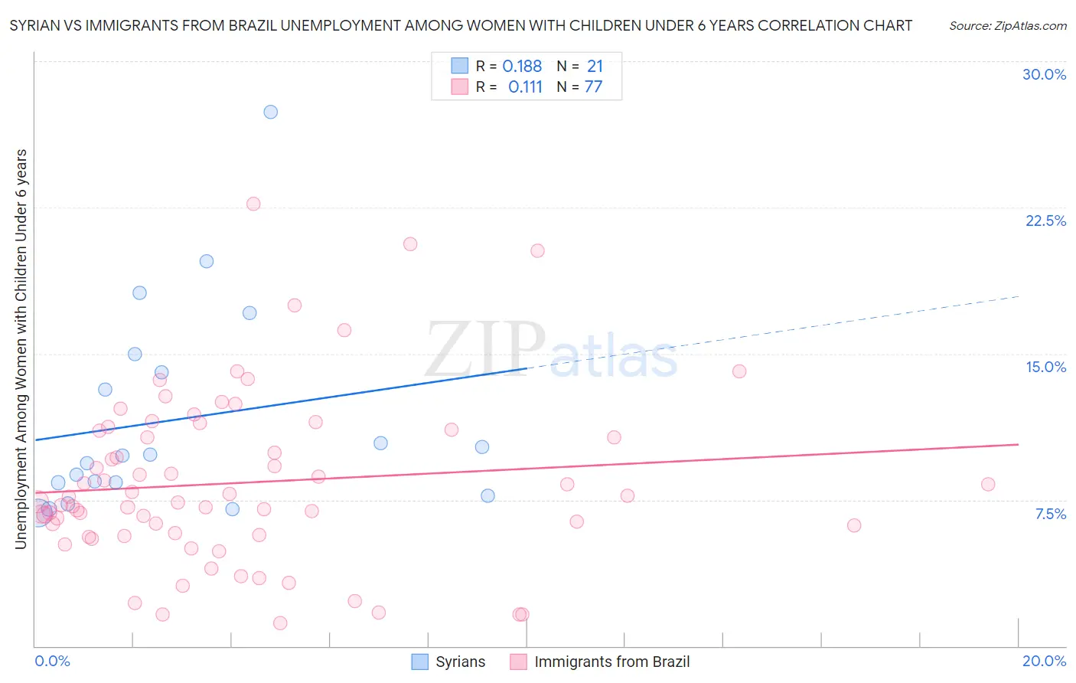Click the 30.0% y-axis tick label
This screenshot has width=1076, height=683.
(1044, 74)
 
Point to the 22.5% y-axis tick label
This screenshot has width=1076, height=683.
(1045, 221)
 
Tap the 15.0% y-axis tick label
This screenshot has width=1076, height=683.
(1045, 367)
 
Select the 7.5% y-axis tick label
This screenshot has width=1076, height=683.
(1050, 514)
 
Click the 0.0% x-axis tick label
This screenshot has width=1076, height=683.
(52, 661)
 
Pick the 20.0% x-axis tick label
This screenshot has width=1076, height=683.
(1044, 661)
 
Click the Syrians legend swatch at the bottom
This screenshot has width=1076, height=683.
(419, 662)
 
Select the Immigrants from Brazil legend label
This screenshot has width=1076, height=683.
(611, 662)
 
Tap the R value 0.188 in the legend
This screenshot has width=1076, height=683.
(522, 67)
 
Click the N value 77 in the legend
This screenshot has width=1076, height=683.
(593, 87)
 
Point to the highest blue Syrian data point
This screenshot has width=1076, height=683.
(270, 112)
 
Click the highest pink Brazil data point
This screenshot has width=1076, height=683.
(253, 204)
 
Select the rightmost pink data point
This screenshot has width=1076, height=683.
(988, 484)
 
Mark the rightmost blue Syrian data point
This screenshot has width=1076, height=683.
(487, 495)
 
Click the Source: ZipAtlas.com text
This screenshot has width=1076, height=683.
(1007, 25)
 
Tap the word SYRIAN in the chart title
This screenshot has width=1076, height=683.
(36, 25)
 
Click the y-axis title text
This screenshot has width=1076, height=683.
(21, 349)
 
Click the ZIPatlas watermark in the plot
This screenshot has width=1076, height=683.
(551, 351)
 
